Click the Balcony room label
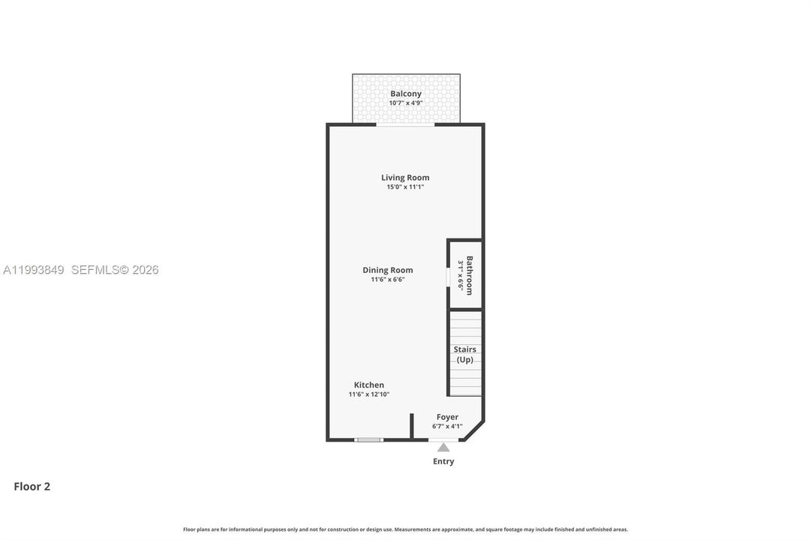405,94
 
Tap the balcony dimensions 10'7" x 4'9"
405,103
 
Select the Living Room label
405,178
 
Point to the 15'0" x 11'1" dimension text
405,187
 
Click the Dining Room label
387,270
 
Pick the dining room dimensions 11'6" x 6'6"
387,279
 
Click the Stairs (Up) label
464,354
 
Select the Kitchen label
369,385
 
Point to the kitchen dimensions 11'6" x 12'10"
369,394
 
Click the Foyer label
447,417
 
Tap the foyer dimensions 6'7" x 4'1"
447,426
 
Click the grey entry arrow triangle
443,448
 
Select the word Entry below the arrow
443,461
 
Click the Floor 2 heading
32,486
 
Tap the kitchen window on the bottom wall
369,440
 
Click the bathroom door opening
448,275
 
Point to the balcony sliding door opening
405,124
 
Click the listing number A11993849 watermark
34,270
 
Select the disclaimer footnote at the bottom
405,529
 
